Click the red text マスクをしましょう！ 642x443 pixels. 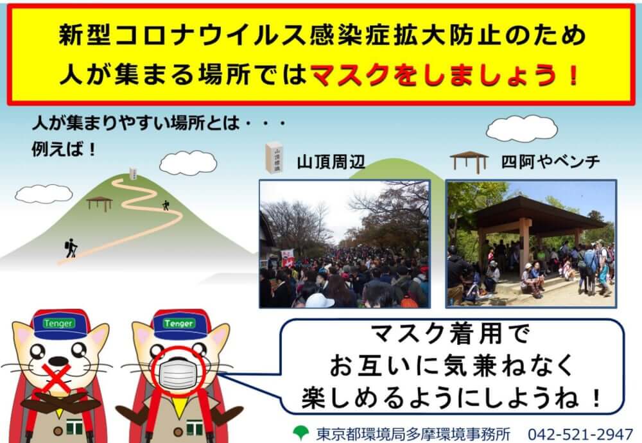click(x=444, y=76)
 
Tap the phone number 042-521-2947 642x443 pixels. click(x=580, y=433)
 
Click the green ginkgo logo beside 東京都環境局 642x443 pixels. click(x=301, y=433)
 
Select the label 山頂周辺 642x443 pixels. click(x=331, y=162)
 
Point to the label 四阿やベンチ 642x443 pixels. click(x=551, y=162)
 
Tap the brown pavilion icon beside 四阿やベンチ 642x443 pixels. click(x=469, y=162)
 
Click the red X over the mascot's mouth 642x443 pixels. click(x=57, y=377)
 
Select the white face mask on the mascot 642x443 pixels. click(x=178, y=374)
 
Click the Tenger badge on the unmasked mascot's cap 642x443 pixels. click(x=58, y=324)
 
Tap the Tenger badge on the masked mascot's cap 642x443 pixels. click(x=179, y=324)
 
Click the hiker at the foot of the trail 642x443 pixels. click(x=71, y=248)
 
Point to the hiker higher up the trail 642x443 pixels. click(x=166, y=205)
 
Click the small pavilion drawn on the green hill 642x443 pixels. click(x=100, y=204)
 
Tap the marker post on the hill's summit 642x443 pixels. click(x=133, y=173)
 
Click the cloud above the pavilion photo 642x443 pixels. click(x=521, y=128)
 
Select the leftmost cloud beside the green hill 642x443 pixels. click(x=44, y=194)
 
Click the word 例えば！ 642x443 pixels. click(x=64, y=149)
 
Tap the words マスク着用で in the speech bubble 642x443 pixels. click(x=450, y=334)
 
